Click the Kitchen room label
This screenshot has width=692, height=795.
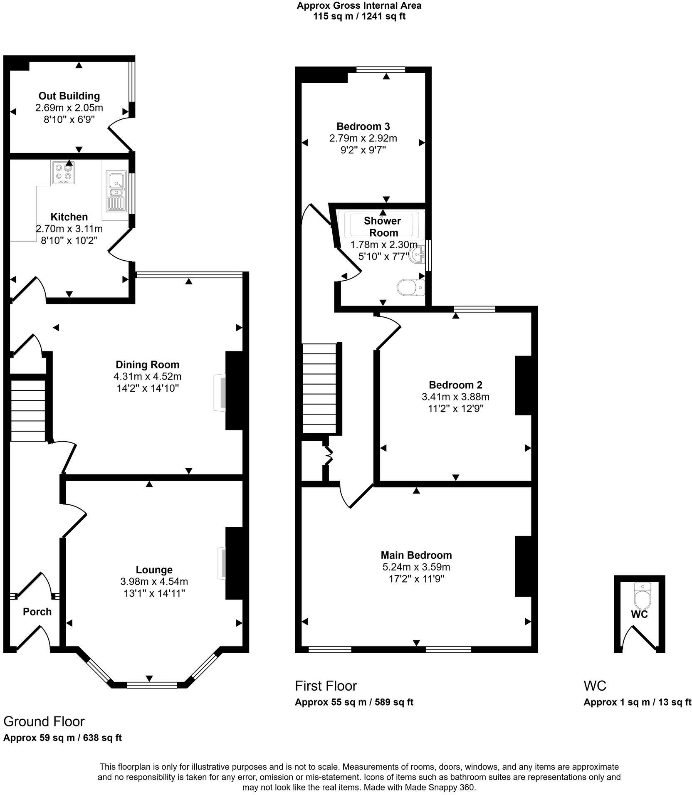pyautogui.click(x=69, y=217)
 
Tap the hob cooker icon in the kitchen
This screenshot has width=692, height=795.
pyautogui.click(x=64, y=173)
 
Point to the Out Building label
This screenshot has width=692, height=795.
pyautogui.click(x=69, y=96)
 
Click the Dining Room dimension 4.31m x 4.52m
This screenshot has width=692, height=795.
pyautogui.click(x=148, y=377)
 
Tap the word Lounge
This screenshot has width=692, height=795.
pyautogui.click(x=154, y=570)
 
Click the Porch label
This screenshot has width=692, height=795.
pyautogui.click(x=37, y=612)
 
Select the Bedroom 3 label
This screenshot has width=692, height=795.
pyautogui.click(x=363, y=126)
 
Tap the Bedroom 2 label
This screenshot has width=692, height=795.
pyautogui.click(x=455, y=385)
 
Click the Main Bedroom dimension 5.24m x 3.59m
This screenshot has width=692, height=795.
pyautogui.click(x=416, y=567)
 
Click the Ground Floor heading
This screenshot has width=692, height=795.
pyautogui.click(x=44, y=721)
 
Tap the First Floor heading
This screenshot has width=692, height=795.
pyautogui.click(x=326, y=686)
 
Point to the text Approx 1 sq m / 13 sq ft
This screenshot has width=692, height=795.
pyautogui.click(x=637, y=702)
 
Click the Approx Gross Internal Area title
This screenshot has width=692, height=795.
pyautogui.click(x=359, y=6)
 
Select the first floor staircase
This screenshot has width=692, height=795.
pyautogui.click(x=319, y=389)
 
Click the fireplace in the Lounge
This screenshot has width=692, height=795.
pyautogui.click(x=222, y=563)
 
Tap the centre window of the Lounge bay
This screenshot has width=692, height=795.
pyautogui.click(x=152, y=685)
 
